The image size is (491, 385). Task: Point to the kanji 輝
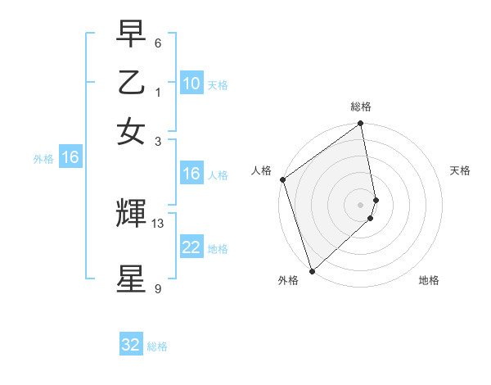(131, 214)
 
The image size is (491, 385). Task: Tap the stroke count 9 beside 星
(158, 288)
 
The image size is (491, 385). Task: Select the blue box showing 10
(191, 83)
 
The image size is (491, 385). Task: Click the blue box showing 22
(191, 247)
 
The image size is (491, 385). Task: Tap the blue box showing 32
(131, 345)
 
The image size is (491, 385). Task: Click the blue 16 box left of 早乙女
(70, 157)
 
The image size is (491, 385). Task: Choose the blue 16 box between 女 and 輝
(191, 174)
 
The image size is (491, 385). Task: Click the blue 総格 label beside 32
(157, 346)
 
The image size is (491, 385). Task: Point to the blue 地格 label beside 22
(218, 249)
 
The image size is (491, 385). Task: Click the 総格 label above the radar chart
(361, 106)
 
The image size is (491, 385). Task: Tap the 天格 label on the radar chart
(460, 170)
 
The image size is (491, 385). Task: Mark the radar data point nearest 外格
(312, 269)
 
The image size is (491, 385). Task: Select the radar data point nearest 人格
(282, 179)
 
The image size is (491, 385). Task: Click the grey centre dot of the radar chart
(361, 204)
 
